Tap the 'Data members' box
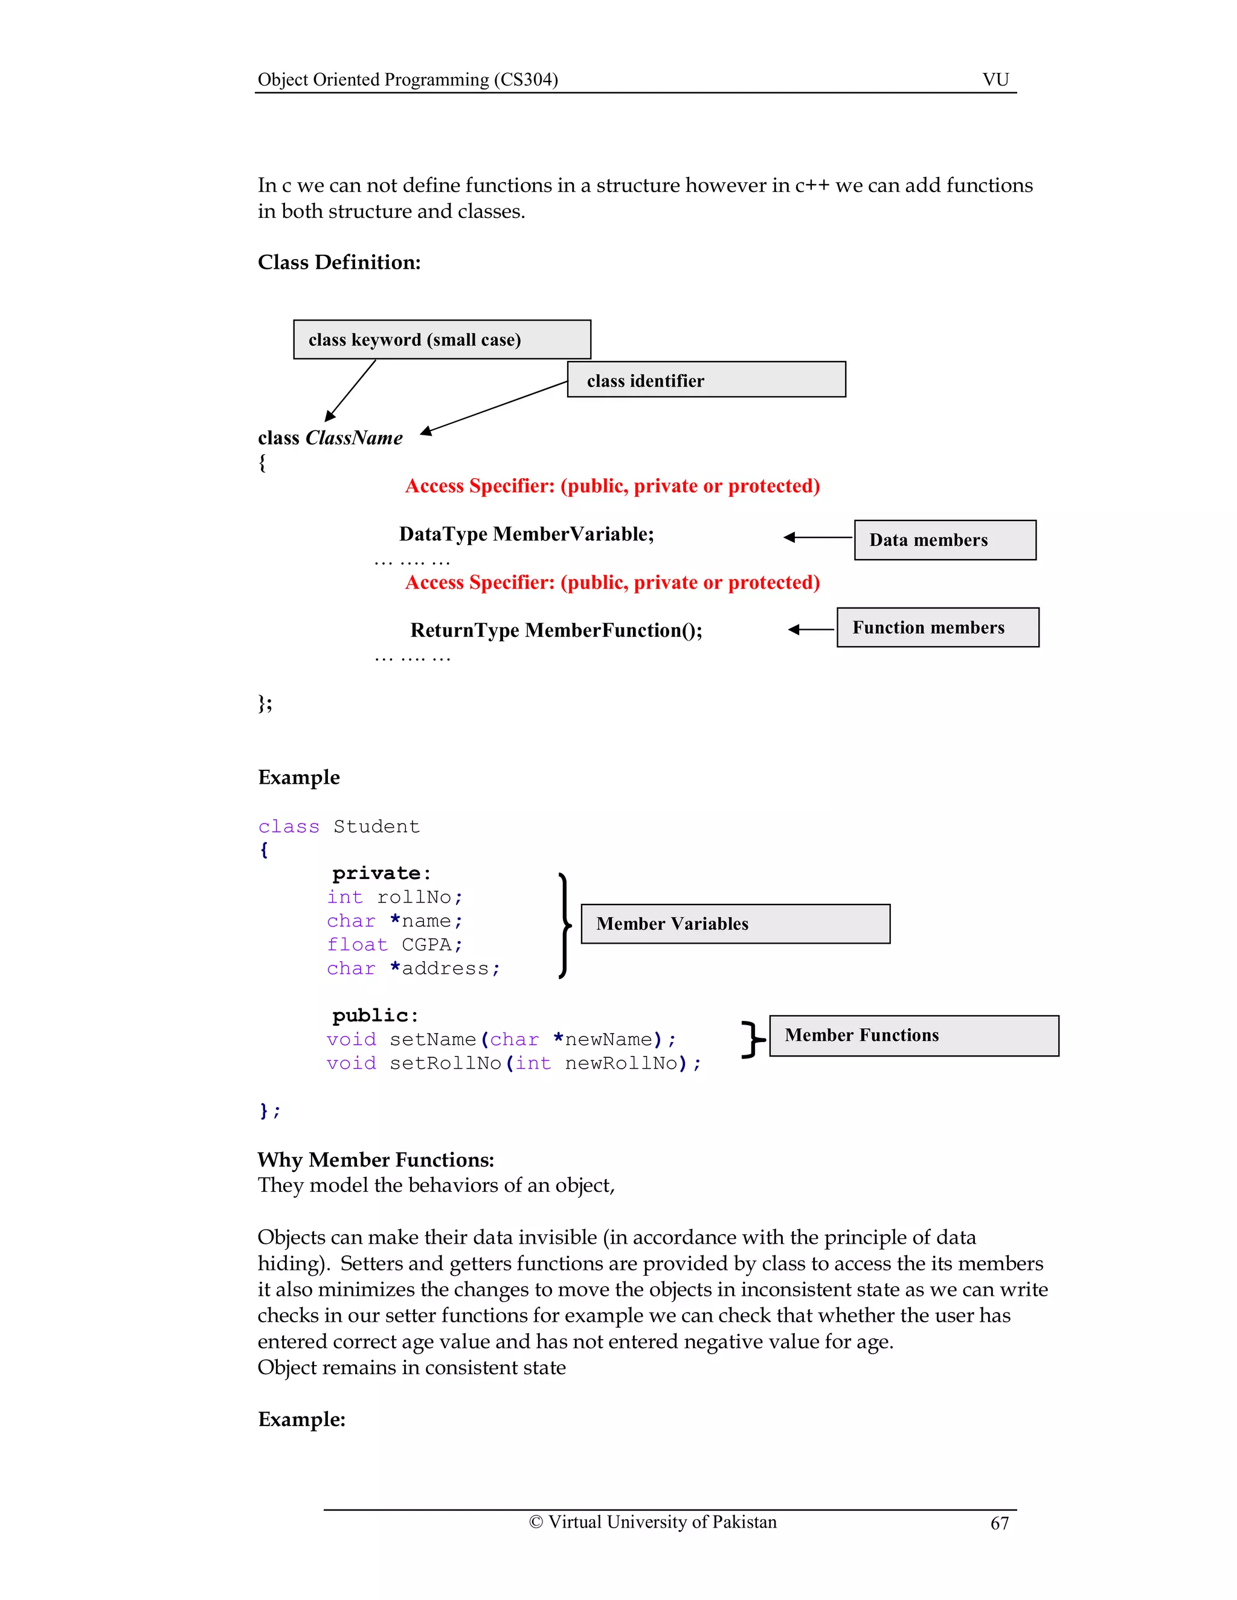tap(945, 540)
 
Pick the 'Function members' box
tap(937, 627)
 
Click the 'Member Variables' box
tap(735, 923)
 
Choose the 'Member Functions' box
tap(913, 1034)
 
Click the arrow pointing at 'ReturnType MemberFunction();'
tap(811, 629)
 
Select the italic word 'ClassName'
tap(354, 438)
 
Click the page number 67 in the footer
tap(999, 1523)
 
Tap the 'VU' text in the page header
tap(995, 79)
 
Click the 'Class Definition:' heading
tap(339, 262)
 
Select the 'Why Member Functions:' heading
tap(375, 1160)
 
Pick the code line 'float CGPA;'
tap(394, 944)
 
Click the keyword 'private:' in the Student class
tap(381, 873)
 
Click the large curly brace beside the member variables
tap(564, 925)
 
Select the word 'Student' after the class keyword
tap(376, 827)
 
